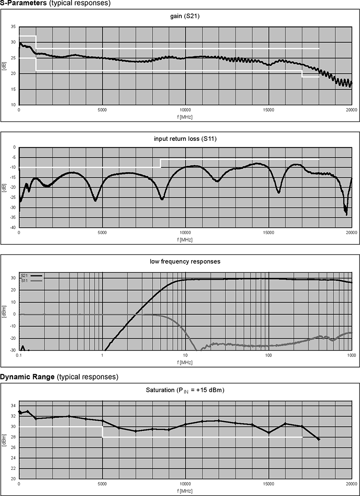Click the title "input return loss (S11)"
pyautogui.click(x=185, y=139)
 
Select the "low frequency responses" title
pyautogui.click(x=185, y=262)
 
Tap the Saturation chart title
pyautogui.click(x=185, y=390)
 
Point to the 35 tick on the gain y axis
pyautogui.click(x=13, y=27)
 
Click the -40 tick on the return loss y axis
pyautogui.click(x=12, y=227)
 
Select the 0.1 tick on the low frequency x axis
pyautogui.click(x=19, y=356)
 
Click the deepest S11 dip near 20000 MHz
pyautogui.click(x=346, y=214)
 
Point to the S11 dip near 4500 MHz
pyautogui.click(x=95, y=200)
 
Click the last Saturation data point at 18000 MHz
pyautogui.click(x=319, y=439)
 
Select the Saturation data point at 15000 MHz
pyautogui.click(x=269, y=433)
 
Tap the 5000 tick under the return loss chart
pyautogui.click(x=102, y=233)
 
